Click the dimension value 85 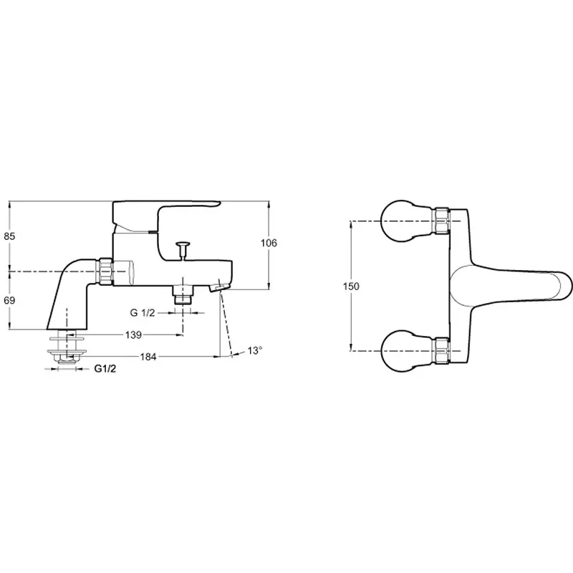[x=9, y=236]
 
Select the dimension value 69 [x=9, y=300]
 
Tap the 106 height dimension [x=269, y=243]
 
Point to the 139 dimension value [x=133, y=334]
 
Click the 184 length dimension [x=148, y=357]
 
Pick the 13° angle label [x=255, y=351]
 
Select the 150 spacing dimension [x=351, y=286]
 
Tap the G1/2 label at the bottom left [x=105, y=369]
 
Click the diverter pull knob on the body [x=182, y=250]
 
